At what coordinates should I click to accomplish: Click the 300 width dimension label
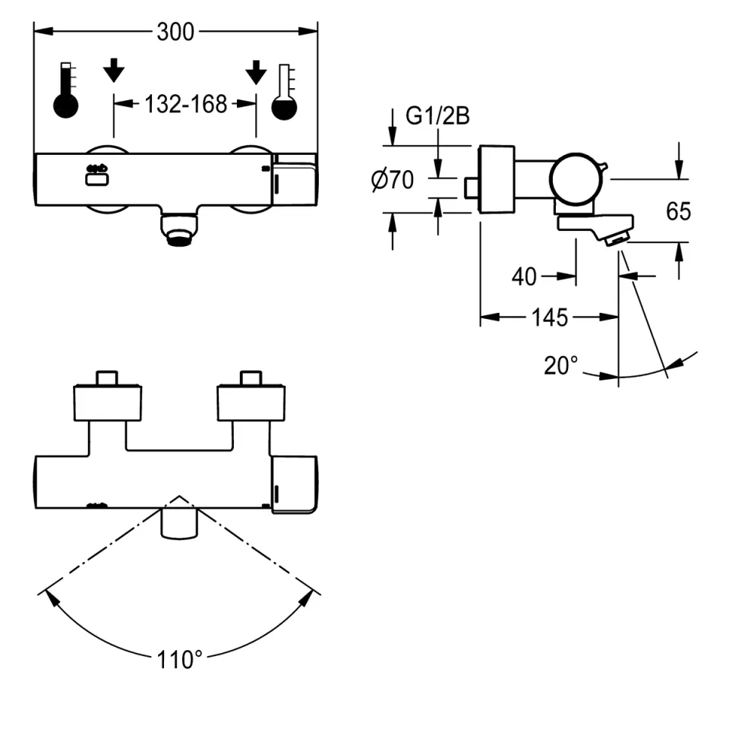point(175,31)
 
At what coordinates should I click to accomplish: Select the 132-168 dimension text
point(185,104)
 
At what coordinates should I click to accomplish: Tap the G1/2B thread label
point(438,116)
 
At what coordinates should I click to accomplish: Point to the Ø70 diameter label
point(392,180)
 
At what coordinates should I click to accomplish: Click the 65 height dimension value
point(678,211)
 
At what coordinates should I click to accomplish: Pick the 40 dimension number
point(524,277)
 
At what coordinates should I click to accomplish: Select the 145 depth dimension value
point(550,317)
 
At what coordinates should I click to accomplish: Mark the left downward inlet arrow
point(114,70)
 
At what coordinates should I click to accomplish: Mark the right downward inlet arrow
point(256,70)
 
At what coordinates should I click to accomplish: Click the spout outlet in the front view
point(180,229)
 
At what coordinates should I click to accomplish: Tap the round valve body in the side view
point(574,179)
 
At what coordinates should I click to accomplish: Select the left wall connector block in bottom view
point(107,402)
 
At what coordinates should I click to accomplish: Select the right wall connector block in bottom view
point(251,402)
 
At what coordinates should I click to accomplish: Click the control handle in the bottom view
point(293,484)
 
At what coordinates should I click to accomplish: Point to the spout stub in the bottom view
point(180,524)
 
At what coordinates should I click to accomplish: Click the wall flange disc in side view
point(497,179)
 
